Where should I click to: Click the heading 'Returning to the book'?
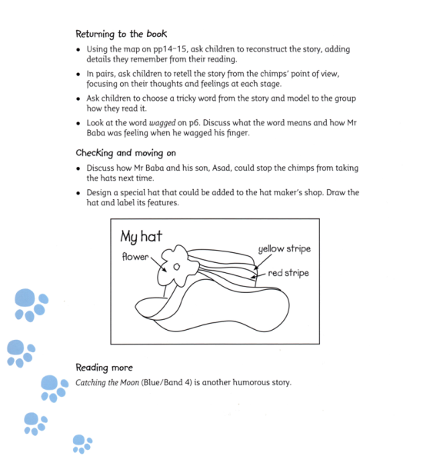(x=121, y=34)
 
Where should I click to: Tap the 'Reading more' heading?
(x=104, y=368)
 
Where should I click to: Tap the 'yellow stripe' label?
(x=284, y=249)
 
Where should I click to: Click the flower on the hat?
(x=175, y=266)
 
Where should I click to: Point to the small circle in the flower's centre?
(x=176, y=266)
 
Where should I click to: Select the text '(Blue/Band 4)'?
(x=165, y=383)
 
